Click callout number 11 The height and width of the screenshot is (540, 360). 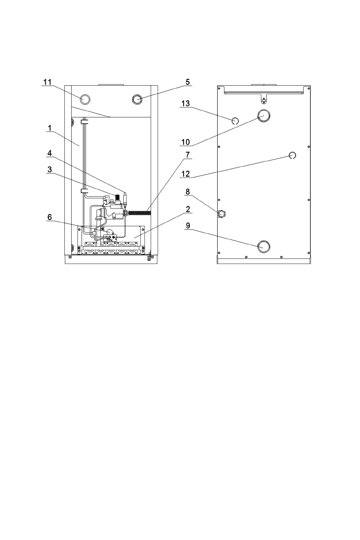coord(48,82)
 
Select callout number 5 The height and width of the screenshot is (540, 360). coord(187,82)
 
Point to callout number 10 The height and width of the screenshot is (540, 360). coord(186,142)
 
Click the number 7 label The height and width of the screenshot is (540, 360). coord(187,155)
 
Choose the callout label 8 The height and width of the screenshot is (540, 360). coord(187,192)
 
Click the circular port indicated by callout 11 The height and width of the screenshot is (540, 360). coord(85,99)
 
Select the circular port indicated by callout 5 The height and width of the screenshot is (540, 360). coord(137,99)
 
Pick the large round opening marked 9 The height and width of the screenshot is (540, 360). coord(263,246)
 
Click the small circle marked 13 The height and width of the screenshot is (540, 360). coord(235,121)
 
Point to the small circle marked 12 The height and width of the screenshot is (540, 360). coord(292,156)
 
